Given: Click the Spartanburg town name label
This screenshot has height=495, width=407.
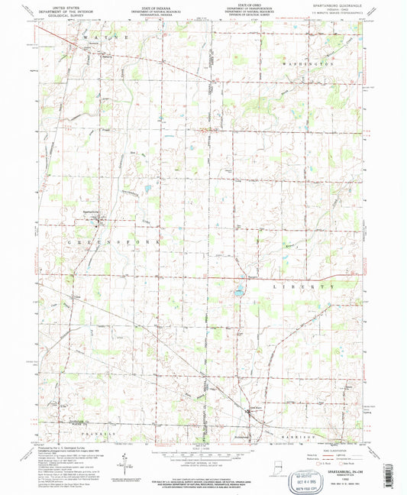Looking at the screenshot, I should tap(91, 212).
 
